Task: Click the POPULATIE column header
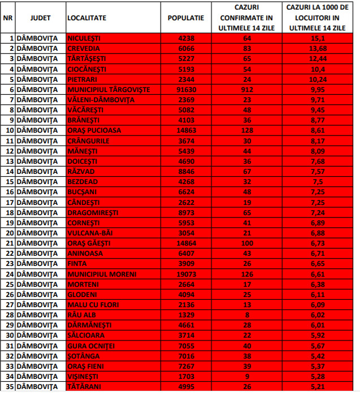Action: pos(186,18)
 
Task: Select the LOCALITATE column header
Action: pos(86,18)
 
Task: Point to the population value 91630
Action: pos(186,89)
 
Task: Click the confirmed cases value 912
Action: pos(246,89)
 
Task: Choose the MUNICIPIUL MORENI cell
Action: pos(102,273)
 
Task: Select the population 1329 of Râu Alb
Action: pos(186,314)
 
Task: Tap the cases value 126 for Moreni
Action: pos(246,273)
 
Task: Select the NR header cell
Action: pos(8,18)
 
